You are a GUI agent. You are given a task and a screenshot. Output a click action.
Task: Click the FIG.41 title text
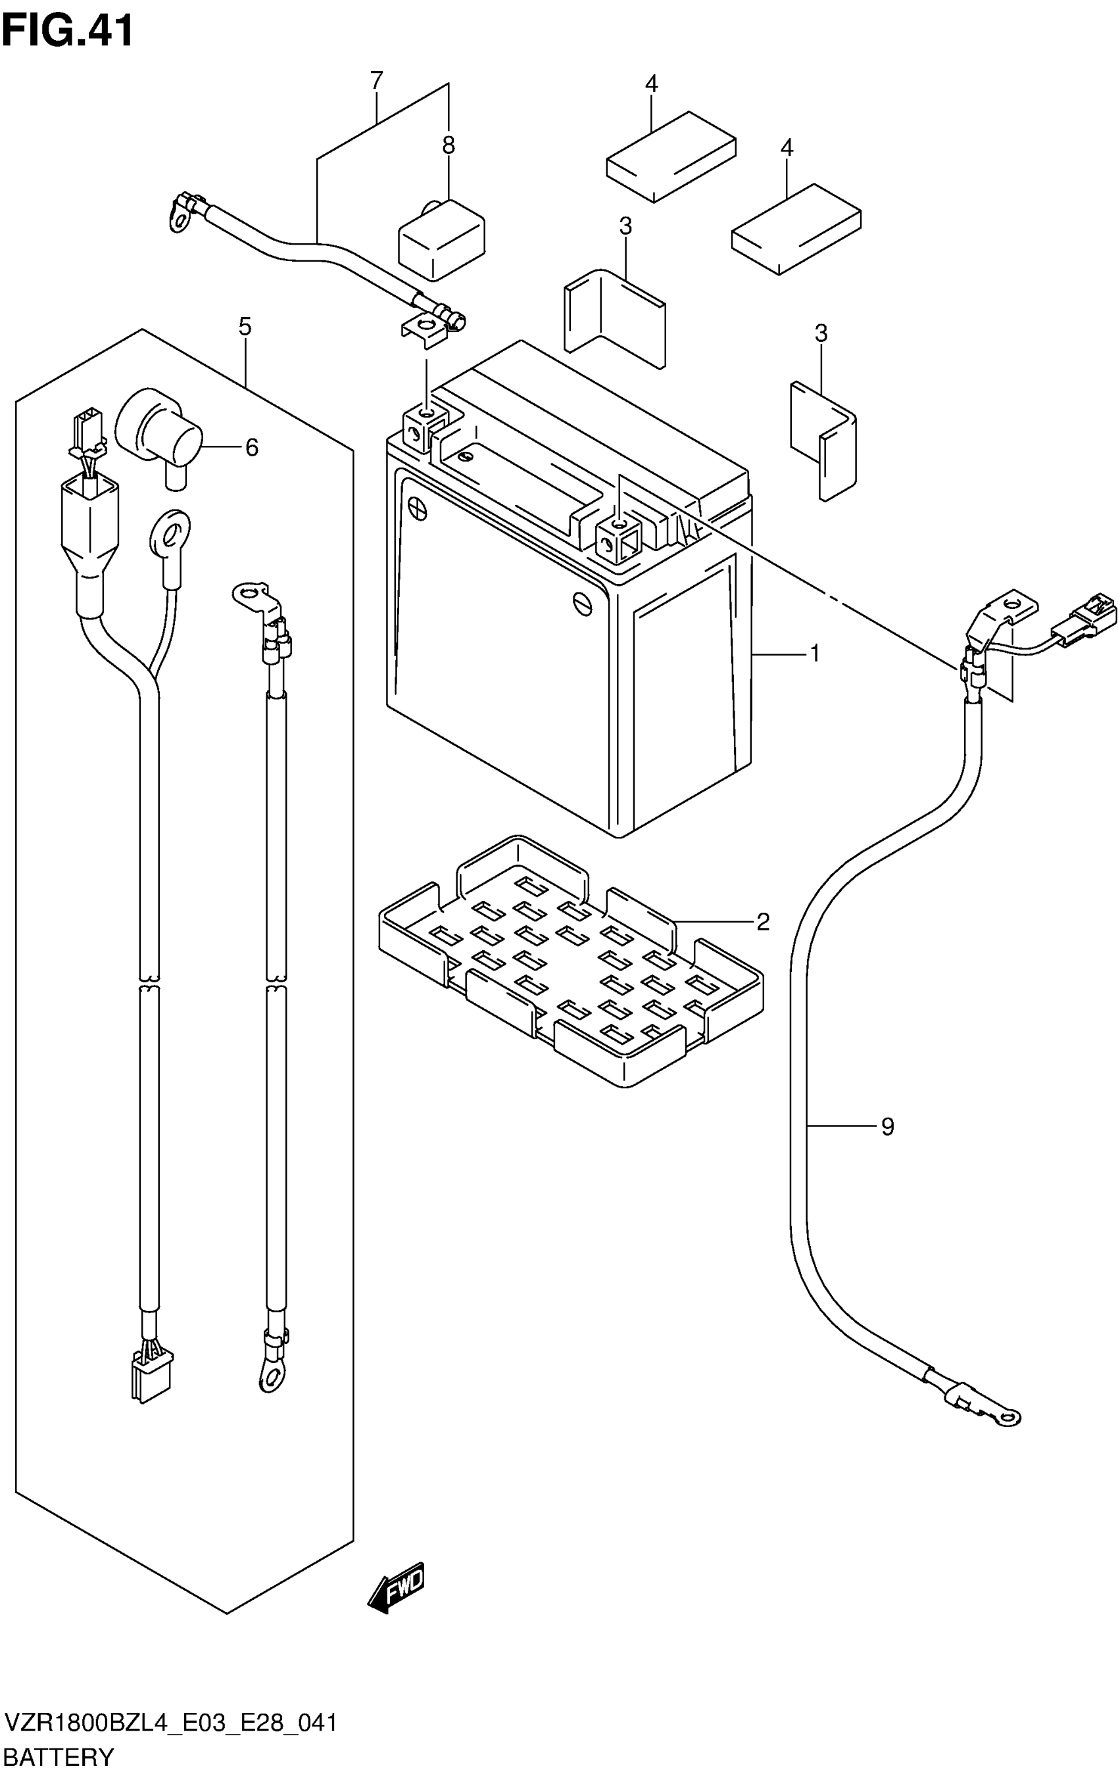coord(68,30)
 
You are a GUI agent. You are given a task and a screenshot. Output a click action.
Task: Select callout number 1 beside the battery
coord(815,654)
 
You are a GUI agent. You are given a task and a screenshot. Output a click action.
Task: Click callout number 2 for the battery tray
coord(763,921)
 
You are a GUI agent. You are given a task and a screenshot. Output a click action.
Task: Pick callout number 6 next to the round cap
coord(252,446)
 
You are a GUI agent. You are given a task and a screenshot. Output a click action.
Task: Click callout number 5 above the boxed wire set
coord(245,325)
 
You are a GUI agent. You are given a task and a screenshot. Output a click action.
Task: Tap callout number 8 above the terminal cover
coord(449,145)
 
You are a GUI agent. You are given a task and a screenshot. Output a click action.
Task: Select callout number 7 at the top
coord(377,80)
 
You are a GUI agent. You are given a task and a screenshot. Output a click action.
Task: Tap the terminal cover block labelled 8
coord(441,237)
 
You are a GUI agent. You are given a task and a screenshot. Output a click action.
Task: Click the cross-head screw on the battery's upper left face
coord(417,508)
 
